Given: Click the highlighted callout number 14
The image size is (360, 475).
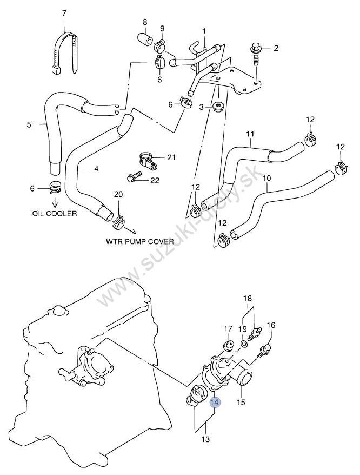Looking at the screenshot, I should click(215, 402).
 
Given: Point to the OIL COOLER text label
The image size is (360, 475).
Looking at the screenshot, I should click(54, 213).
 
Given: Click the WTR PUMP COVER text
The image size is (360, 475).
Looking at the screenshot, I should click(139, 241).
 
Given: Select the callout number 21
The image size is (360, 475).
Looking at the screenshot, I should click(171, 157).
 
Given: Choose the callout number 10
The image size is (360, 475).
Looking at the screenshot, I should click(266, 177).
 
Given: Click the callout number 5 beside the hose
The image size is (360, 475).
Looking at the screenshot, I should click(29, 125).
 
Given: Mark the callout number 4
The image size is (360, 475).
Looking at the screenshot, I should click(96, 169).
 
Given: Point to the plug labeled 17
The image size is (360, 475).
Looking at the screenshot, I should click(228, 345).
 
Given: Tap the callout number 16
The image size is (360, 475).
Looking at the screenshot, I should click(271, 325).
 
